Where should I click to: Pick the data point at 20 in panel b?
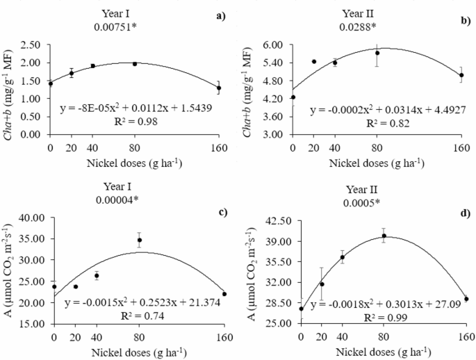tap(314, 61)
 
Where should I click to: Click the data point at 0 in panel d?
tap(301, 309)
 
